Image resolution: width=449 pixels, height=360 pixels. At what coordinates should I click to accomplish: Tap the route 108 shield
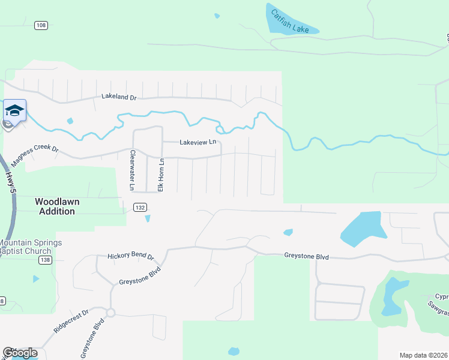(41, 25)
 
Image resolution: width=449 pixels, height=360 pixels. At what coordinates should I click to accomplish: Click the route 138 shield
(45, 260)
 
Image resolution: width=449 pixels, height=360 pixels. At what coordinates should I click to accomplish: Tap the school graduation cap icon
(14, 110)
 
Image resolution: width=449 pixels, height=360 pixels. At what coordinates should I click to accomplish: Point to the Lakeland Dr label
(119, 96)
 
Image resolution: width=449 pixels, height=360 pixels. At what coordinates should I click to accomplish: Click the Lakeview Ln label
(197, 142)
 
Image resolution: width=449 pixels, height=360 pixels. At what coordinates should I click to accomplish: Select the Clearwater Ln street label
(131, 170)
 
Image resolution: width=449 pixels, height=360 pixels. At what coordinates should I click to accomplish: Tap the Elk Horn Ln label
(161, 175)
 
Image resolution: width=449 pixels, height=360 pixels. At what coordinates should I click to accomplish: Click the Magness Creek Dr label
(34, 157)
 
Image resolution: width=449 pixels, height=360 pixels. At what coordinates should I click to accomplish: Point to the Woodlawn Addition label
(57, 206)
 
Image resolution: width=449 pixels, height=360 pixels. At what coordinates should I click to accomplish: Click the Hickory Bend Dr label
(130, 256)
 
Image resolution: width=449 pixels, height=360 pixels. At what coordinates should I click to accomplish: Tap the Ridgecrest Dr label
(71, 322)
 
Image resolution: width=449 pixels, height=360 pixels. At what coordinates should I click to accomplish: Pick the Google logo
(20, 353)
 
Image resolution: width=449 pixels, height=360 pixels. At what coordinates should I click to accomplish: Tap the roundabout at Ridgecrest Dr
(110, 313)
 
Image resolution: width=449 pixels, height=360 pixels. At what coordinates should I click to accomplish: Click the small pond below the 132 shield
(148, 218)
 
